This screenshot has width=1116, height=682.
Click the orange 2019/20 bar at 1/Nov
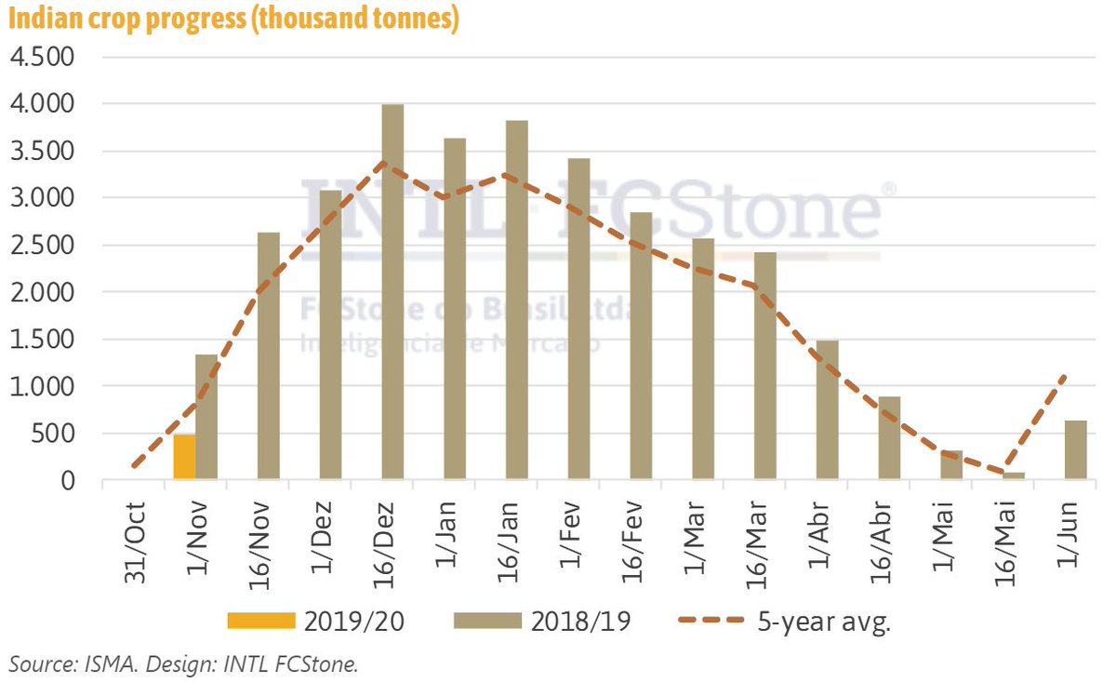pos(184,457)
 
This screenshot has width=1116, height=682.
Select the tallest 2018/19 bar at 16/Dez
pos(392,292)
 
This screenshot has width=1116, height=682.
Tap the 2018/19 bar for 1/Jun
pos(1075,450)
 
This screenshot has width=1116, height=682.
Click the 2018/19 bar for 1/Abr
pos(828,410)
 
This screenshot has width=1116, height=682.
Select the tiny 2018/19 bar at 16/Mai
pos(1014,476)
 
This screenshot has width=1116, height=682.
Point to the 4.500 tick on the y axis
pos(40,57)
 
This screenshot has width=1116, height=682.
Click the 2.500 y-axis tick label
pos(40,246)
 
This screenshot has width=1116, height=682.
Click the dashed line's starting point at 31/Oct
pos(136,465)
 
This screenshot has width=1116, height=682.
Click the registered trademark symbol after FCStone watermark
pos(888,189)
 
